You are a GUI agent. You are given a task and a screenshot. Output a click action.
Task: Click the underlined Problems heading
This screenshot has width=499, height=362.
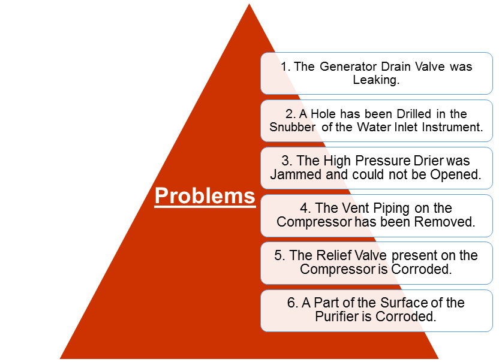click(x=205, y=196)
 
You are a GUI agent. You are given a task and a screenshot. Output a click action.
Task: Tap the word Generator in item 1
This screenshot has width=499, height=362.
click(x=348, y=67)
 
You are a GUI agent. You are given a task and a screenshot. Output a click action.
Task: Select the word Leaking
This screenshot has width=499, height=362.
click(x=376, y=80)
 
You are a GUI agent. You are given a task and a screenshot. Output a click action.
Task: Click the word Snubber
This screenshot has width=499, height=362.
click(x=293, y=127)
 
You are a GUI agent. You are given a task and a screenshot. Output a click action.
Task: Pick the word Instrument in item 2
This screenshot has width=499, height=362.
click(x=453, y=127)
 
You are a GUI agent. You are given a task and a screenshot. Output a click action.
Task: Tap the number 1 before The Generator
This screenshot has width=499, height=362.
click(x=285, y=67)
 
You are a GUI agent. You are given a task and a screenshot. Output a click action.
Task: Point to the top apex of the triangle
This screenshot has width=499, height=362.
click(x=249, y=4)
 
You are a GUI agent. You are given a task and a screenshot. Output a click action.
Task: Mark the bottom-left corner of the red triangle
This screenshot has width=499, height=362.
click(x=60, y=358)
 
